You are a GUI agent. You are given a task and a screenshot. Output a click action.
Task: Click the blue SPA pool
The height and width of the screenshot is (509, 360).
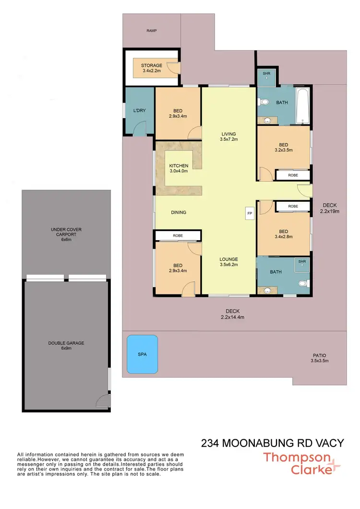coord(142,354)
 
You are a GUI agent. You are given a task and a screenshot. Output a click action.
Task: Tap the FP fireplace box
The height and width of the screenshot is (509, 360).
coord(250,213)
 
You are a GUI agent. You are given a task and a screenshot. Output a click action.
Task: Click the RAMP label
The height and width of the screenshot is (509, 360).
coord(152,30)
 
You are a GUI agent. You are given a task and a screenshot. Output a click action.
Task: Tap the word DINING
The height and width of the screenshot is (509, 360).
coord(178,212)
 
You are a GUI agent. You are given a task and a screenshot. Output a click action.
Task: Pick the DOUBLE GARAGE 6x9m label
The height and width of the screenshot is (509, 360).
coord(66,346)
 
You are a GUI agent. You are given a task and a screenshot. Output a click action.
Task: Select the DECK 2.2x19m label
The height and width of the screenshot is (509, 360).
coord(330,207)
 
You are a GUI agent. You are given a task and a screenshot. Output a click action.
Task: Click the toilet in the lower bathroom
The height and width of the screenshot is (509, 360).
coord(302,283)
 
